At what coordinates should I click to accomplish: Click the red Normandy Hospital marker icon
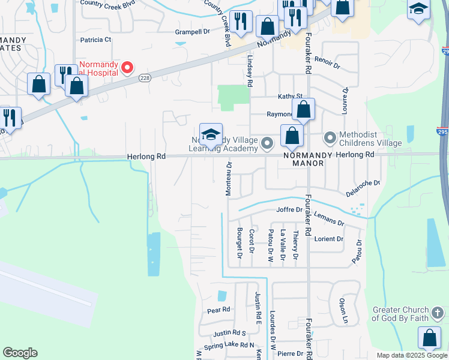[127, 67]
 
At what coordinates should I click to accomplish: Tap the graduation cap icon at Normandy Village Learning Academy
[211, 135]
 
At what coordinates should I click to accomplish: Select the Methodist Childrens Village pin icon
[330, 138]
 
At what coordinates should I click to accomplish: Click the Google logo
[20, 353]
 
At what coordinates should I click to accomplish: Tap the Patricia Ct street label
[96, 40]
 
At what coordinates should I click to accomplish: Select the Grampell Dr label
[191, 31]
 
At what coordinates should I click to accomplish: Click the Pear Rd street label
[218, 310]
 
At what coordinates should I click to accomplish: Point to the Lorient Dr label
[328, 239]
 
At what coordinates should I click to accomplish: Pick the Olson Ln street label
[343, 311]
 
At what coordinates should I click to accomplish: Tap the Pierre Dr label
[291, 354]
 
